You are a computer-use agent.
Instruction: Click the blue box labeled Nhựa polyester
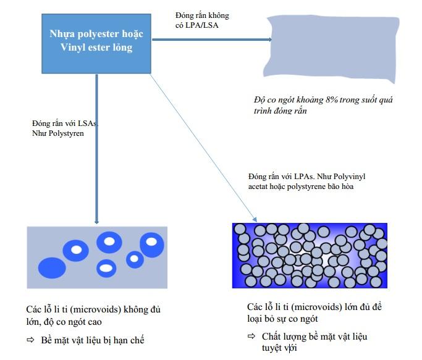click(x=96, y=41)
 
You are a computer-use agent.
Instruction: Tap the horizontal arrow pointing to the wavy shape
click(x=210, y=40)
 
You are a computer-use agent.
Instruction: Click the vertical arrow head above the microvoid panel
click(x=96, y=219)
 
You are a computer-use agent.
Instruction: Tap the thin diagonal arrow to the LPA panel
click(x=204, y=146)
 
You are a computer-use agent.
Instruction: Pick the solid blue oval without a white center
click(x=52, y=268)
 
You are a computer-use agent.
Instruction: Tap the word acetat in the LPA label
click(x=258, y=186)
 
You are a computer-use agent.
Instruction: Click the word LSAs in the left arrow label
click(x=88, y=123)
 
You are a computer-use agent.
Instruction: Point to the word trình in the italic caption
click(x=264, y=111)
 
